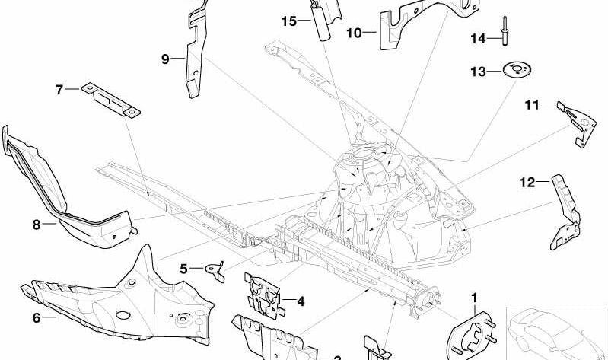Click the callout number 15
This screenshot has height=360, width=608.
point(288,21)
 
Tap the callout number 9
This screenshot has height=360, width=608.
point(164,58)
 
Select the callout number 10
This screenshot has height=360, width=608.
point(354,33)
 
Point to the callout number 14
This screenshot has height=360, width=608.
point(477,38)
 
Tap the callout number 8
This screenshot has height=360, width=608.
point(36,225)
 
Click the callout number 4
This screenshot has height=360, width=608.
point(301,302)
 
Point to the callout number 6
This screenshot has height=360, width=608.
point(36,318)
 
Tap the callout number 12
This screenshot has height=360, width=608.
point(528,181)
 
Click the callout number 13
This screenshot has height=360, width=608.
point(478,72)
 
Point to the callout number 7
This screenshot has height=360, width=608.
point(59,90)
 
